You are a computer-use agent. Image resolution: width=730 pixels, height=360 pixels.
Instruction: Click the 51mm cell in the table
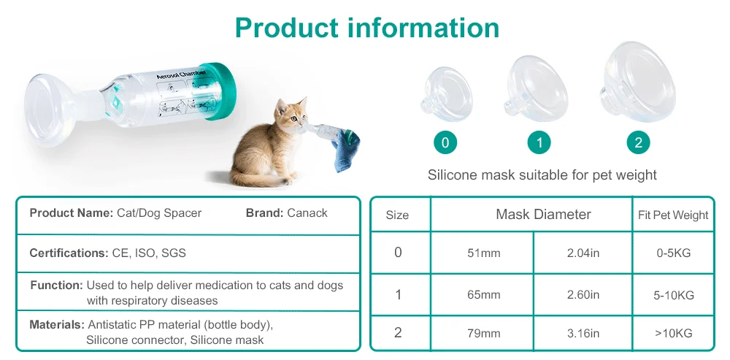[x=483, y=253]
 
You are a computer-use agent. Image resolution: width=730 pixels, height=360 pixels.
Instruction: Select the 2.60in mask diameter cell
[x=583, y=295]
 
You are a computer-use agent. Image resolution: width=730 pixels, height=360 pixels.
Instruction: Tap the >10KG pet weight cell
[x=673, y=333]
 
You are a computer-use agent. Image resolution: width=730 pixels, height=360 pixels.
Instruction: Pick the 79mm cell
[x=483, y=333]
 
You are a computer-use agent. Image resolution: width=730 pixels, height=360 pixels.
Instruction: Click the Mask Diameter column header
[x=543, y=215]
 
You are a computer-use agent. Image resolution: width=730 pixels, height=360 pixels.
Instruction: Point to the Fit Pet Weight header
[x=673, y=215]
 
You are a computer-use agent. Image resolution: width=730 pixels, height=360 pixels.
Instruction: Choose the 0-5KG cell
[x=673, y=253]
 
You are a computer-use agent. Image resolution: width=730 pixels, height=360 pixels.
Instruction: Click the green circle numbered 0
[x=445, y=142]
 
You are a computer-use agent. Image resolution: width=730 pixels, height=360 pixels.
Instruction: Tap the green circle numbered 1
[x=539, y=142]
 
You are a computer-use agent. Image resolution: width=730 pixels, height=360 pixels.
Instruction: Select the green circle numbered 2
[x=638, y=142]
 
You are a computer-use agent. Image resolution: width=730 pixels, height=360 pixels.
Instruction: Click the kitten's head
[x=289, y=116]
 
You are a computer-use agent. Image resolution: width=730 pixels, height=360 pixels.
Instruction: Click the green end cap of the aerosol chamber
[x=219, y=91]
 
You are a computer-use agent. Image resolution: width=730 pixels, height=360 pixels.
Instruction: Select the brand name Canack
[x=307, y=213]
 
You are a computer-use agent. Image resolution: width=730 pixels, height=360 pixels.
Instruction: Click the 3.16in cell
[x=583, y=333]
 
